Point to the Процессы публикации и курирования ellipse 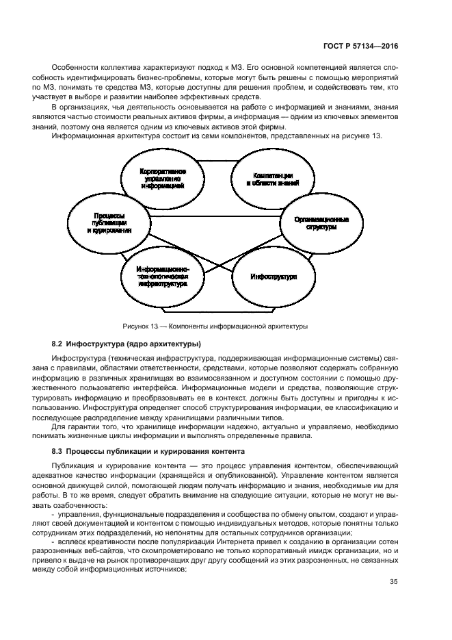point(109,223)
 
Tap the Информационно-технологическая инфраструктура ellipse point(163,277)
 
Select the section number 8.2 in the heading point(58,343)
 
